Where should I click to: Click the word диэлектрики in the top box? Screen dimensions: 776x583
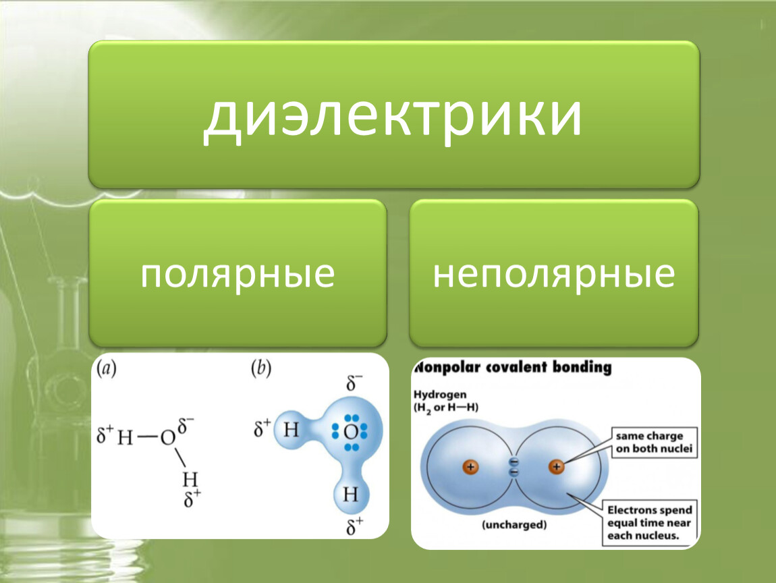pyautogui.click(x=393, y=117)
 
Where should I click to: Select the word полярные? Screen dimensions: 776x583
pyautogui.click(x=238, y=274)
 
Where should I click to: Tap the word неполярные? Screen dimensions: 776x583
pyautogui.click(x=554, y=274)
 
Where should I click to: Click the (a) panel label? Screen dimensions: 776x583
pyautogui.click(x=107, y=368)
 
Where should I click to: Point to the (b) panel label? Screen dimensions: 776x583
pyautogui.click(x=261, y=368)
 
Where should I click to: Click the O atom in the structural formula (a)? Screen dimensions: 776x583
pyautogui.click(x=168, y=437)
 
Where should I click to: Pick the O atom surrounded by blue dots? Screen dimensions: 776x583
pyautogui.click(x=350, y=432)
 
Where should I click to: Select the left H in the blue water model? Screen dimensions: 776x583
pyautogui.click(x=291, y=430)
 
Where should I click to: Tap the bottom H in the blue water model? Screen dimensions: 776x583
pyautogui.click(x=350, y=494)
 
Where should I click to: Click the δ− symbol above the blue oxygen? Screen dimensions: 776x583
pyautogui.click(x=354, y=383)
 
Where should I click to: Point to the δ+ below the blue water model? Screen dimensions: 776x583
pyautogui.click(x=354, y=526)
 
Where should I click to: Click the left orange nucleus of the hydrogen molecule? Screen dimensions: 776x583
pyautogui.click(x=470, y=467)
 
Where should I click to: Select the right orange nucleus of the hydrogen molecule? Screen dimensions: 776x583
pyautogui.click(x=556, y=466)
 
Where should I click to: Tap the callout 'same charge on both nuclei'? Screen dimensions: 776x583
pyautogui.click(x=654, y=443)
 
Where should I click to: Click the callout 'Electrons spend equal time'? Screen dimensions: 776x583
pyautogui.click(x=649, y=523)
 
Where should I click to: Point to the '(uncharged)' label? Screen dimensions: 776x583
pyautogui.click(x=514, y=524)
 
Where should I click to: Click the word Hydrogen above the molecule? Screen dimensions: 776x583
pyautogui.click(x=440, y=395)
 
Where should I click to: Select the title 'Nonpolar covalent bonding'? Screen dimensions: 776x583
pyautogui.click(x=513, y=367)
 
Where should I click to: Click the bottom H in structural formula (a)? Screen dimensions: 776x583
pyautogui.click(x=190, y=479)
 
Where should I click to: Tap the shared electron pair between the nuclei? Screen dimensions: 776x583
pyautogui.click(x=514, y=467)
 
